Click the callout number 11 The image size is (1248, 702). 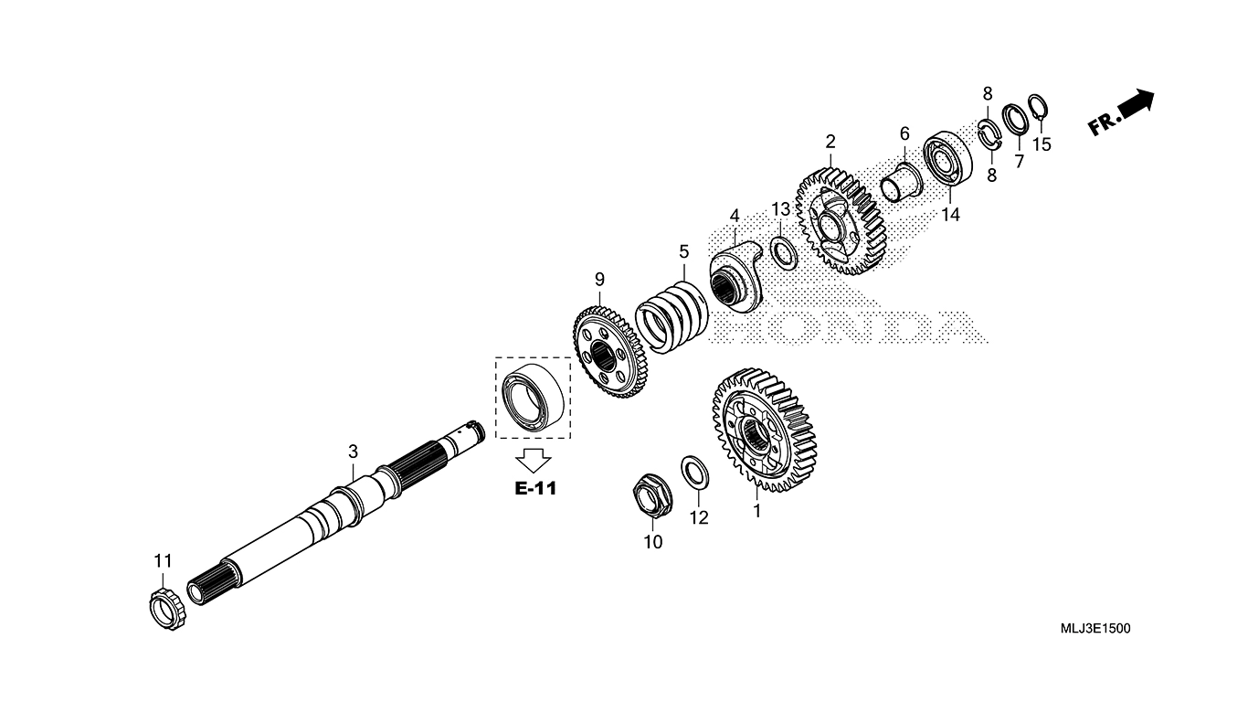coord(163,560)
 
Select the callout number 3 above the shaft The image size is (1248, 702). coord(353,452)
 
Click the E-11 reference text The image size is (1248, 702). coord(534,488)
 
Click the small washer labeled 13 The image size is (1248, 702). coord(784,251)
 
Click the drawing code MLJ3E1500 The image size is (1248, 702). coord(1095,629)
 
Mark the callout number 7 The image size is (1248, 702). coord(1019,161)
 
